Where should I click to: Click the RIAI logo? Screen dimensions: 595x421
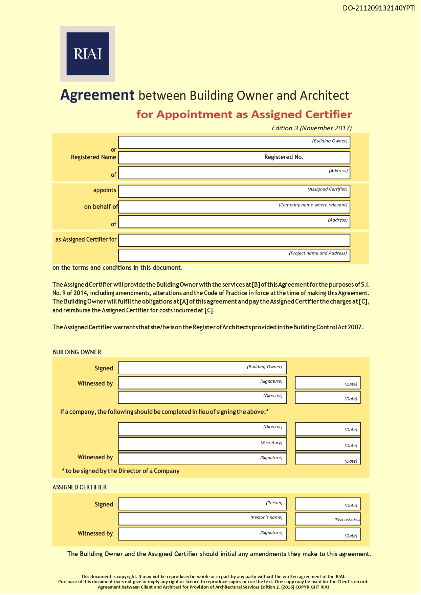[88, 54]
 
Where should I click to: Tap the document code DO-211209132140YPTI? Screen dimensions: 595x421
[379, 8]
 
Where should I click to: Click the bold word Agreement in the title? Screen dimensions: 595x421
[97, 95]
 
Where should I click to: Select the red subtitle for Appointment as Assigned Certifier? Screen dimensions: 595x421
[244, 114]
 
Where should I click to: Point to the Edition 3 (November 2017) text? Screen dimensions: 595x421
[311, 128]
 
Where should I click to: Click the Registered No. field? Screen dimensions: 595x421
[234, 157]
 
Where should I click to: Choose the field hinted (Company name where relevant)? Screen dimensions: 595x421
[234, 207]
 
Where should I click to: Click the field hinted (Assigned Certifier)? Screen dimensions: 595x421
[234, 191]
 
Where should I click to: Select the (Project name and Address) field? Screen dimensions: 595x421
[234, 255]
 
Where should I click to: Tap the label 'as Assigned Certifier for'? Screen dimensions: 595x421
[86, 240]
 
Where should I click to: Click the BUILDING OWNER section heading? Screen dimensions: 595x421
[77, 352]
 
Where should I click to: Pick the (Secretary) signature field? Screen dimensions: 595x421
[202, 444]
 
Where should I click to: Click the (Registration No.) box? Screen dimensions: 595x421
[327, 519]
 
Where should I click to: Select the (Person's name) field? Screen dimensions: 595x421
[202, 519]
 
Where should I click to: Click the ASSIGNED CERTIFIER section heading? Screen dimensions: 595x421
[80, 487]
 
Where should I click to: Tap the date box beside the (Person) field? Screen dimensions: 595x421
[327, 504]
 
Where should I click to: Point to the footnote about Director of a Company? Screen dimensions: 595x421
[121, 471]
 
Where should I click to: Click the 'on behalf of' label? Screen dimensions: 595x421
[101, 207]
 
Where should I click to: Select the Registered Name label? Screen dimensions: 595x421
[93, 157]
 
